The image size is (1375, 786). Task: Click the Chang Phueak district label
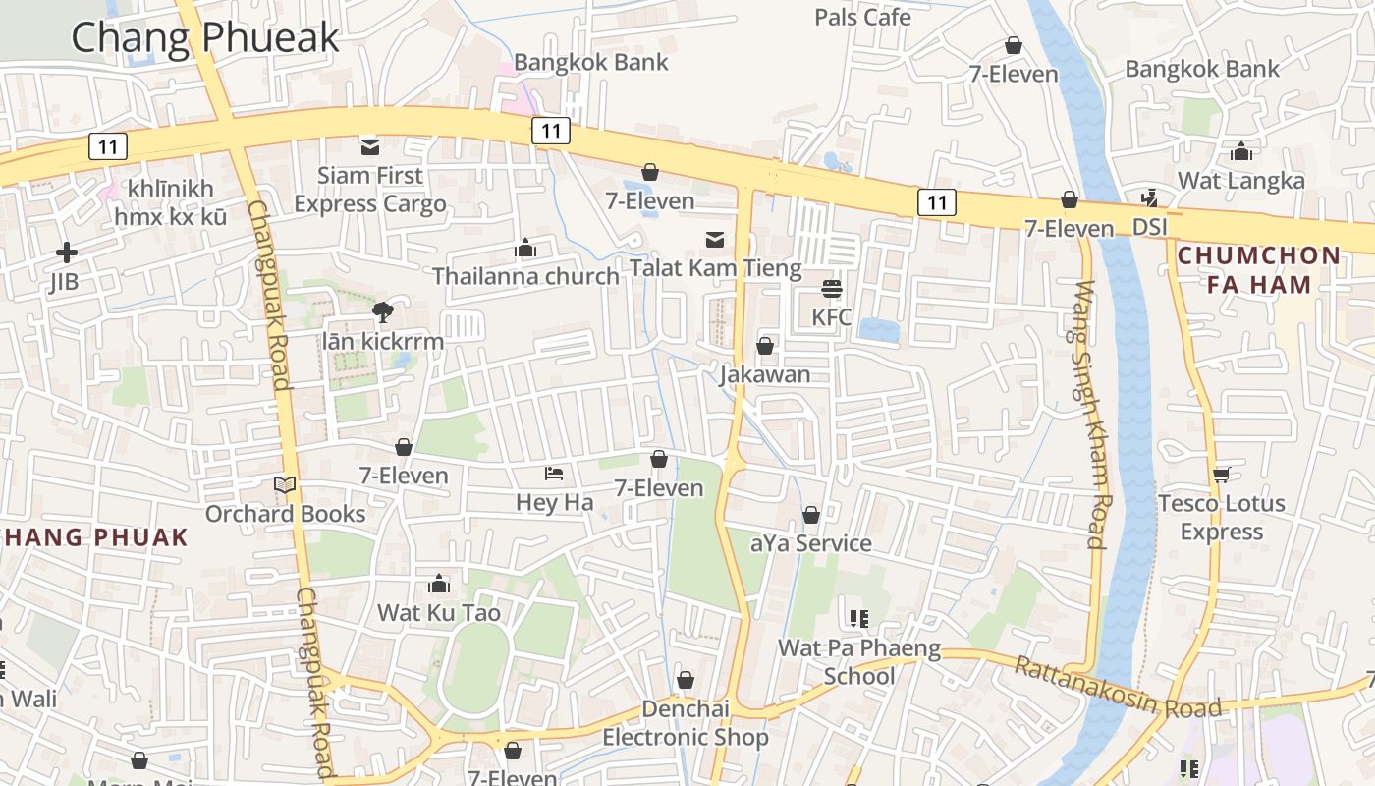(x=205, y=37)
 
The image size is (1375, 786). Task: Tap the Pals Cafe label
(x=862, y=17)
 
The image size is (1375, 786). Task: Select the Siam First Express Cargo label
(x=370, y=190)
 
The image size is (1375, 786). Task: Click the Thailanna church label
(x=525, y=276)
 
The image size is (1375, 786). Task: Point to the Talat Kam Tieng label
(x=715, y=267)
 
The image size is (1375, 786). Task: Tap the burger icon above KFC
(x=832, y=289)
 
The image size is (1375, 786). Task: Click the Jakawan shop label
(x=765, y=374)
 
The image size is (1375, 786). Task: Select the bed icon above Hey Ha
(x=554, y=474)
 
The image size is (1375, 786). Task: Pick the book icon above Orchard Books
(x=285, y=485)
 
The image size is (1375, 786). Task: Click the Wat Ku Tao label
(x=439, y=613)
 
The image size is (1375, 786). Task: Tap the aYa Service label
(x=810, y=543)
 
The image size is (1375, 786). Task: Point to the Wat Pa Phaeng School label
(x=859, y=662)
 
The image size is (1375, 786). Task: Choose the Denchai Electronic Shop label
(x=686, y=723)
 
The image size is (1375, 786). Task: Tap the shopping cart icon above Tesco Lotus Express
(x=1221, y=476)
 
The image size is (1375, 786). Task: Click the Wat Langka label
(x=1241, y=181)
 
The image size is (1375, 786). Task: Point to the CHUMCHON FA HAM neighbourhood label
(x=1258, y=270)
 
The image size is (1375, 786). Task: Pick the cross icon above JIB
(x=67, y=253)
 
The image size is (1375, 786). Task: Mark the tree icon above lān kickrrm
(x=382, y=312)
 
